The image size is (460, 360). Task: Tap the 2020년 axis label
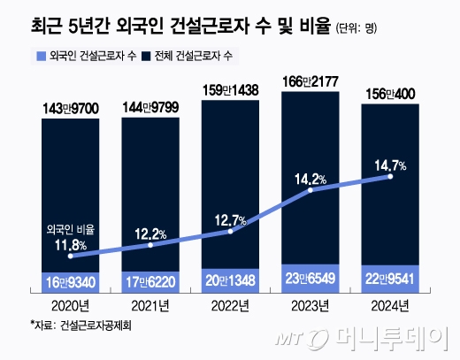pos(71,305)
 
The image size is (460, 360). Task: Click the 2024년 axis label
pos(390,305)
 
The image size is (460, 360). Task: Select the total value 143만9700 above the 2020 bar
pos(71,109)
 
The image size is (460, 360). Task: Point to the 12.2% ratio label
pos(150,234)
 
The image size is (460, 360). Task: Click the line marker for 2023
pos(310,191)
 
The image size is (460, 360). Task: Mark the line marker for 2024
pos(390,177)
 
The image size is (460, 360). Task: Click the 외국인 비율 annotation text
pos(69,228)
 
